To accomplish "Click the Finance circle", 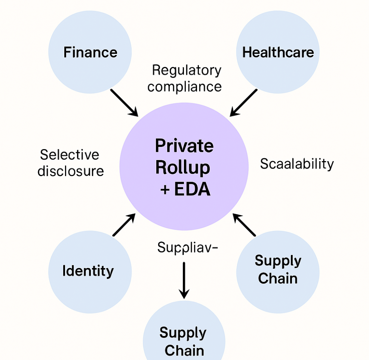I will click(90, 52).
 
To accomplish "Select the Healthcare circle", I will click(278, 52).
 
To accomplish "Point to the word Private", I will click(184, 146).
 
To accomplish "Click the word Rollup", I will click(182, 168).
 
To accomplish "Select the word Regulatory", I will click(187, 70).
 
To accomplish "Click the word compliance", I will click(184, 86).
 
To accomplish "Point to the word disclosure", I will click(71, 171).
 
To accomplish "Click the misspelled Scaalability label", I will click(297, 164).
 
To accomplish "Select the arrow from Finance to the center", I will click(124, 102).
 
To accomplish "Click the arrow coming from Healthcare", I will click(244, 102).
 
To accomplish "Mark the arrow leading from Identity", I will click(124, 225).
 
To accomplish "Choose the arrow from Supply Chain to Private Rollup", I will click(244, 225).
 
